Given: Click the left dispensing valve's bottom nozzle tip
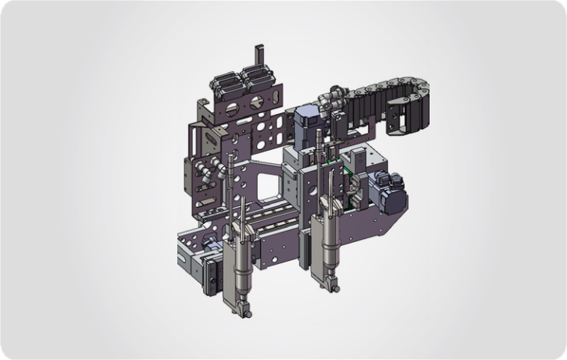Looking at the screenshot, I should (x=248, y=312).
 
